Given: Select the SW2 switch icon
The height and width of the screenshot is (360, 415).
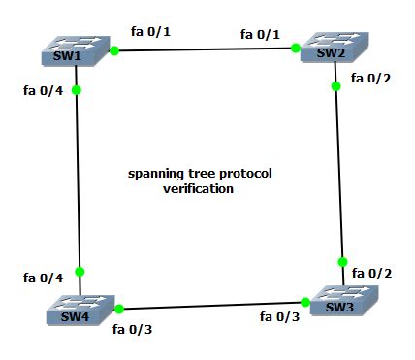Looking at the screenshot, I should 330,51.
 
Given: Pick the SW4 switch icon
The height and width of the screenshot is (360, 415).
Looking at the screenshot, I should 77,310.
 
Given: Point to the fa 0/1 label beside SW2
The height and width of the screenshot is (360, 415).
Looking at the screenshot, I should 260,35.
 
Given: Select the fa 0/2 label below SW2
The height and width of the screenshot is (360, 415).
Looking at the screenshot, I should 368,78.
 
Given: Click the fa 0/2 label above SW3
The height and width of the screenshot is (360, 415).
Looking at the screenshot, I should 372,273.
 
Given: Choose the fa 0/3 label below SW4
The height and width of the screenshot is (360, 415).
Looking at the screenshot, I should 132,328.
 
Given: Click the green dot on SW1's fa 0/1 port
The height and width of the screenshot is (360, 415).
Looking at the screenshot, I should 113,50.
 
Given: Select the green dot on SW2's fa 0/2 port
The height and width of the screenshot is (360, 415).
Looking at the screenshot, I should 335,86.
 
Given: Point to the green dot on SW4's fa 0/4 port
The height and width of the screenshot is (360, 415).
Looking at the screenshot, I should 80,271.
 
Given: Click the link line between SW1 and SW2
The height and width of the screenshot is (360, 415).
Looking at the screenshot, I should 204,49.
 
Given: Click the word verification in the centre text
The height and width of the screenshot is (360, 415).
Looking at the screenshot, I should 199,189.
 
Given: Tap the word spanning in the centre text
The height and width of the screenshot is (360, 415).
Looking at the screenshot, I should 155,175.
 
